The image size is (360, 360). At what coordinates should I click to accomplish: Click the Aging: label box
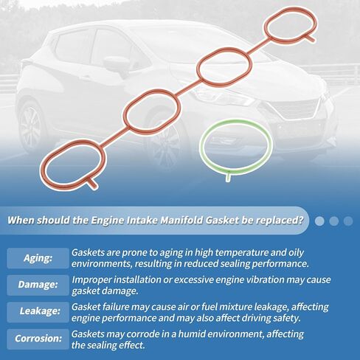38,258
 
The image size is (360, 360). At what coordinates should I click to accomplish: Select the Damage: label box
38,285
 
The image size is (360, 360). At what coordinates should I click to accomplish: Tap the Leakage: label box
38,312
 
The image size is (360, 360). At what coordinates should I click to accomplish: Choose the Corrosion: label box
38,339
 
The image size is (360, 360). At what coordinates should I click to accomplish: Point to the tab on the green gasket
228,177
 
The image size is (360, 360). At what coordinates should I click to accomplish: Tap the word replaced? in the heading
279,221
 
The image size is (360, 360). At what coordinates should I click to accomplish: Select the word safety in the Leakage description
286,318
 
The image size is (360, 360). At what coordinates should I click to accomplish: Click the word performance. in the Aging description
280,264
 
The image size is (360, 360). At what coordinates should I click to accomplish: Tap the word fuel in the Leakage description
210,307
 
